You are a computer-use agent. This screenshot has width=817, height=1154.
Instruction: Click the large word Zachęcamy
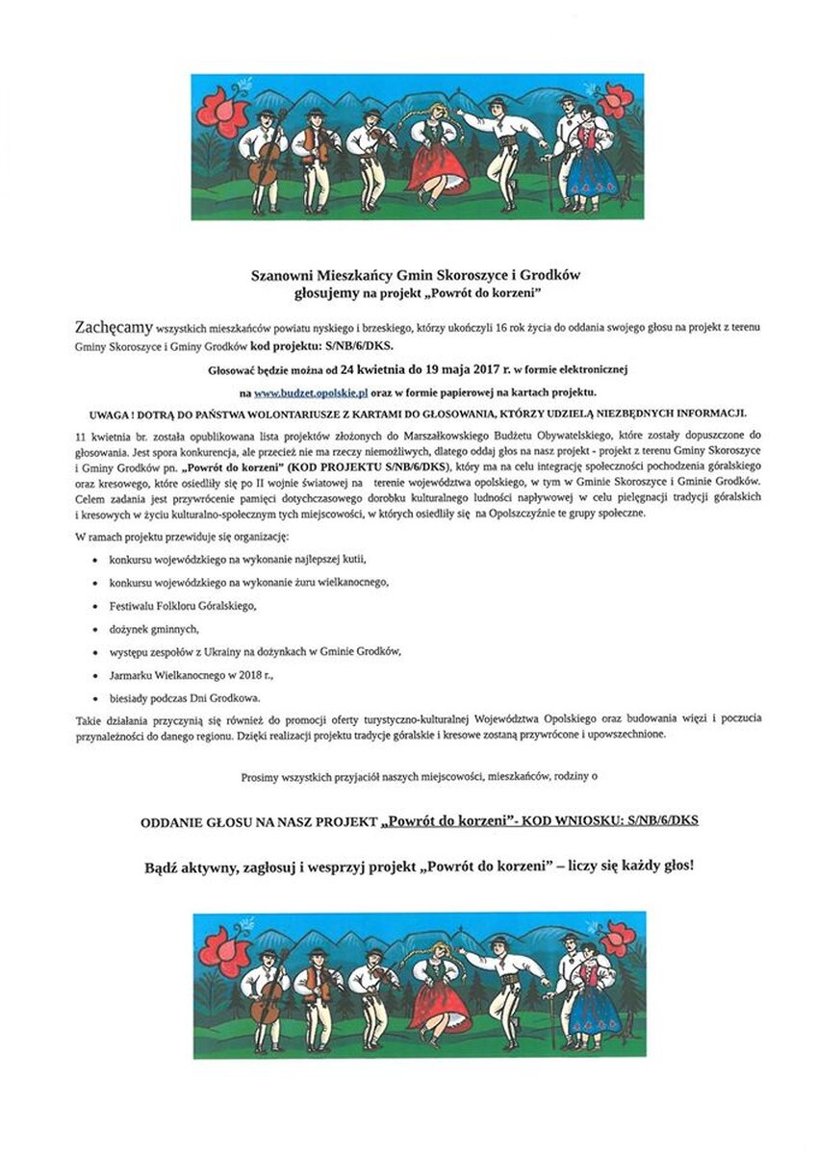tap(112, 328)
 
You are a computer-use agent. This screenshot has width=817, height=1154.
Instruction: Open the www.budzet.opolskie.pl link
tap(301, 392)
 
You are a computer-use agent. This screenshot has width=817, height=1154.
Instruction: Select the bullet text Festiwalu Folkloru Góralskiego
tap(184, 606)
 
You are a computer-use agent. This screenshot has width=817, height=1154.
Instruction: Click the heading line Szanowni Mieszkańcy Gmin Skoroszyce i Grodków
tap(408, 274)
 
